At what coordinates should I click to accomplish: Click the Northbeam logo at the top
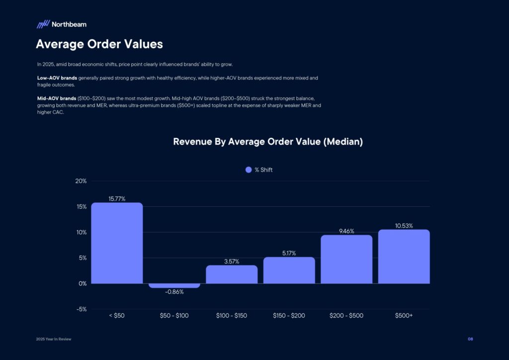(x=61, y=24)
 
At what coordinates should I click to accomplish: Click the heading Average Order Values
(x=99, y=44)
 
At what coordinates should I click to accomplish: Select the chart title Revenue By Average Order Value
(x=267, y=142)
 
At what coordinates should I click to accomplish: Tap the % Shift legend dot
(x=249, y=170)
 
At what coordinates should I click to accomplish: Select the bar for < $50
(x=117, y=243)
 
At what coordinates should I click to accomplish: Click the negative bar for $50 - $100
(x=174, y=285)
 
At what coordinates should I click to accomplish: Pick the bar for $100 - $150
(x=232, y=274)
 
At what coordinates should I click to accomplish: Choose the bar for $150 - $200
(x=289, y=270)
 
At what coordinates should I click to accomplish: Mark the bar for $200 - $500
(x=346, y=259)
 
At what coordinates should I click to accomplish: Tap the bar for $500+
(x=404, y=257)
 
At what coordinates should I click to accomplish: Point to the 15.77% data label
(x=117, y=199)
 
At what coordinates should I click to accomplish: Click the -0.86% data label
(x=174, y=292)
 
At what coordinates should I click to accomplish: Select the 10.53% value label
(x=404, y=226)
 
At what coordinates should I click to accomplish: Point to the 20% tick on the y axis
(x=81, y=181)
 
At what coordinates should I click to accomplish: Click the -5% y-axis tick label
(x=81, y=309)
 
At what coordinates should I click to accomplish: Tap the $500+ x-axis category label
(x=404, y=315)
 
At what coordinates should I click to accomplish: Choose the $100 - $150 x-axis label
(x=232, y=315)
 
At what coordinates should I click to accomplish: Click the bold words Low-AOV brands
(x=57, y=78)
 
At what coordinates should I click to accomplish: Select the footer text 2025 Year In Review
(x=54, y=339)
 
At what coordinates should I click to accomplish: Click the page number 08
(x=470, y=339)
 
